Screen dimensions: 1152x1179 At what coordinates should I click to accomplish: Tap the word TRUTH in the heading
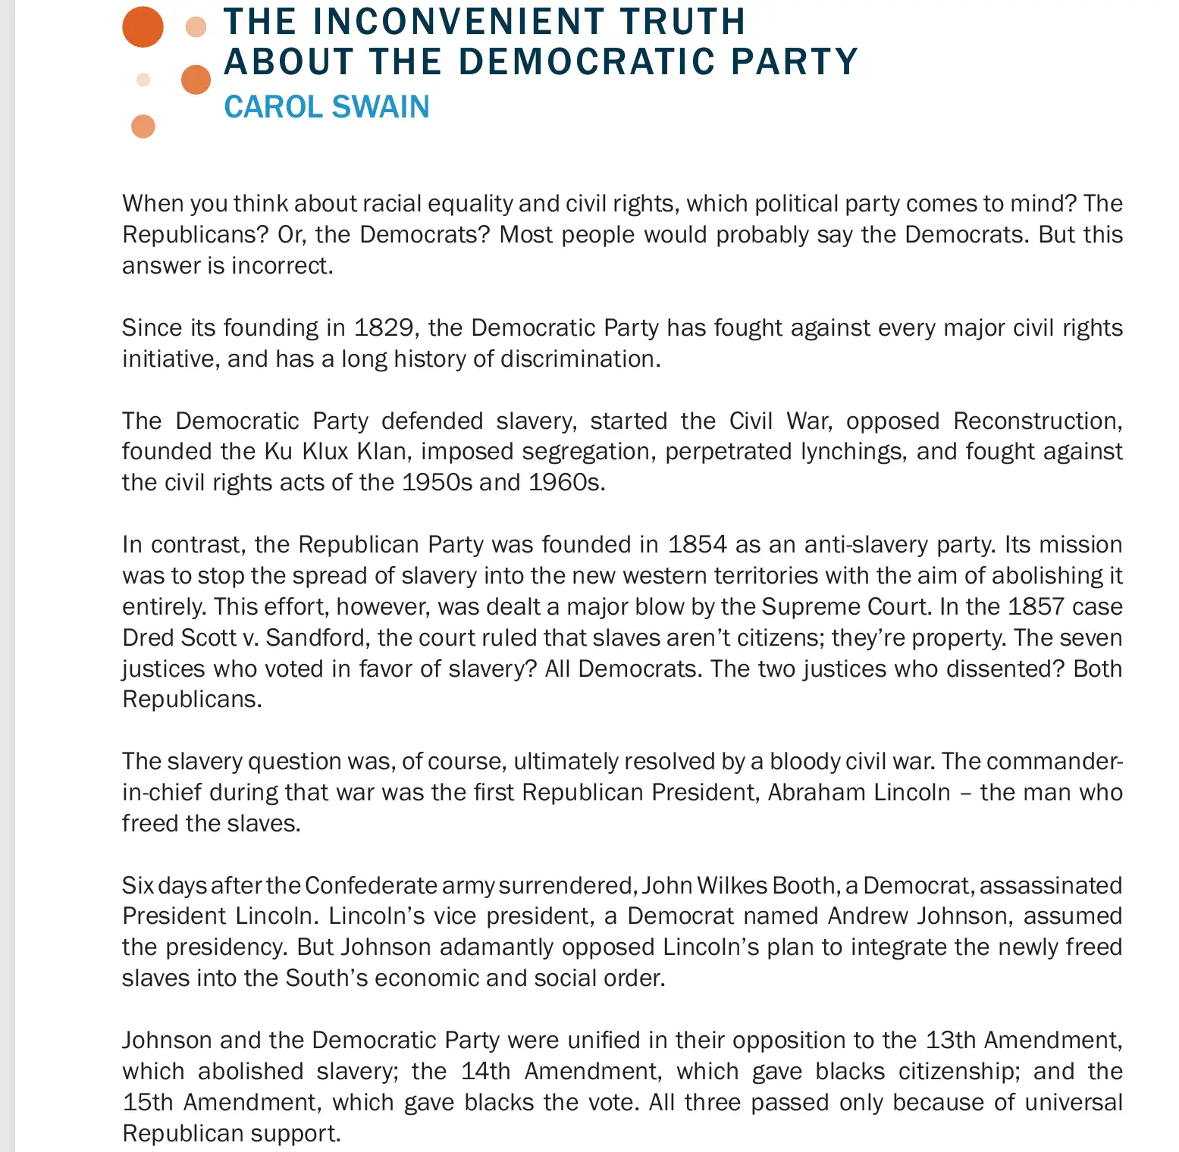click(x=682, y=21)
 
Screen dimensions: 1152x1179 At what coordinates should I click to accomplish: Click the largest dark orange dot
click(x=143, y=27)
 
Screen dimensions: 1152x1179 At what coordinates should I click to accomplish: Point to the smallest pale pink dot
click(x=143, y=80)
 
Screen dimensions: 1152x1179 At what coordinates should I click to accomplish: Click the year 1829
click(x=384, y=327)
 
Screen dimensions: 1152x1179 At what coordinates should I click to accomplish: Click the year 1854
click(x=697, y=545)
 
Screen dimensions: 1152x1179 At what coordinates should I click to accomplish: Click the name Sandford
click(x=318, y=638)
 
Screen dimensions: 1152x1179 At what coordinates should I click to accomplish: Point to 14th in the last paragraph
click(x=485, y=1072)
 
